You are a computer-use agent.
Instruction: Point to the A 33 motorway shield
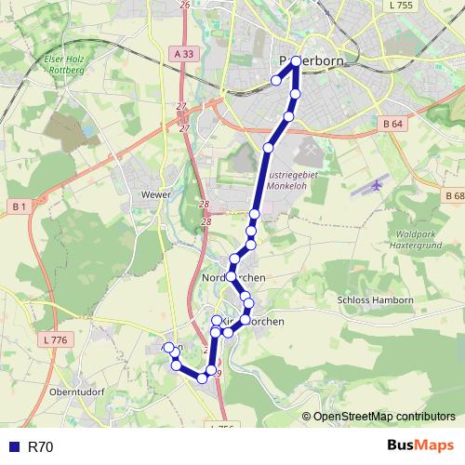coord(184,55)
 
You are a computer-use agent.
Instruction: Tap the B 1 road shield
coord(18,205)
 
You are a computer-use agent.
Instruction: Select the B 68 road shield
coord(454,196)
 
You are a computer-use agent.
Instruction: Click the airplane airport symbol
coord(377,185)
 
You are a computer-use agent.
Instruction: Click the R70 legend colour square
coord(13,447)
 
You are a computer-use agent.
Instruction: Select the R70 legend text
coord(41,447)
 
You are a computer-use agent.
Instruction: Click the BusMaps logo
coord(420,446)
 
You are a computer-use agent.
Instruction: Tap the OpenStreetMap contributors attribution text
coord(384,416)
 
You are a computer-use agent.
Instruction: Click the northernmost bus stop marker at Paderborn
coord(296,61)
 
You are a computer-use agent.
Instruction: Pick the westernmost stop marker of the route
coord(168,348)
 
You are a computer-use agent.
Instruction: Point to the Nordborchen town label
coord(233,279)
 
